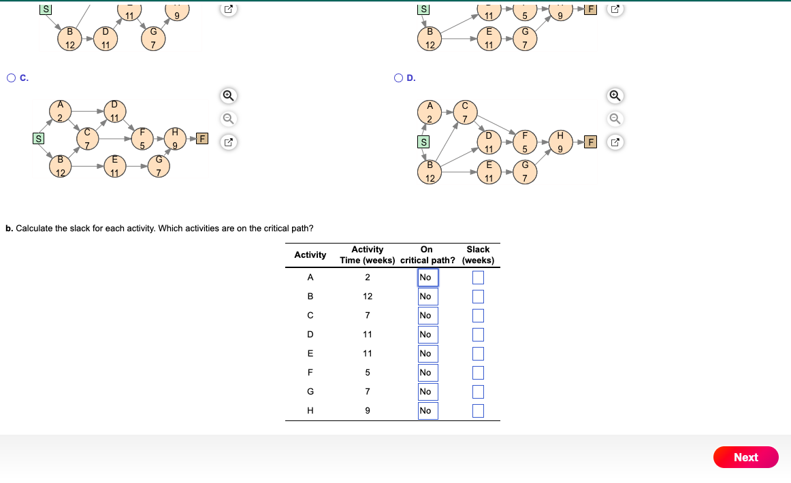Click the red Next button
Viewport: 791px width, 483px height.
tap(745, 457)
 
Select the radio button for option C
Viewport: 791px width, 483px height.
tap(12, 78)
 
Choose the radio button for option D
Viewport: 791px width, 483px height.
tap(398, 78)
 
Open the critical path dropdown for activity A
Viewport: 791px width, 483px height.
tap(427, 278)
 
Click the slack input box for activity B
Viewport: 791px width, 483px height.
tap(478, 297)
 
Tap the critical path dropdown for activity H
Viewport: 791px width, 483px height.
tap(427, 411)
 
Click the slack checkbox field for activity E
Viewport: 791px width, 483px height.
tap(478, 354)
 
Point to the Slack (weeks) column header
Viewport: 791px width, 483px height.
tap(478, 255)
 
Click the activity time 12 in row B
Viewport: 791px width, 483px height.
tap(368, 297)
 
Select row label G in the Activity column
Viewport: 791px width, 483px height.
tap(310, 392)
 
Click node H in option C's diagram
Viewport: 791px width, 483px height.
tap(175, 139)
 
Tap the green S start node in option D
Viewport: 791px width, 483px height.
tap(423, 142)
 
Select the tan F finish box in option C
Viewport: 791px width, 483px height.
tap(201, 139)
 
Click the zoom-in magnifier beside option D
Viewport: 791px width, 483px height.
tap(615, 95)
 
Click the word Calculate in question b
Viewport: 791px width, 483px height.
tap(35, 229)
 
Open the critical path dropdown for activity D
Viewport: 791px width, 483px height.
tap(427, 335)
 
